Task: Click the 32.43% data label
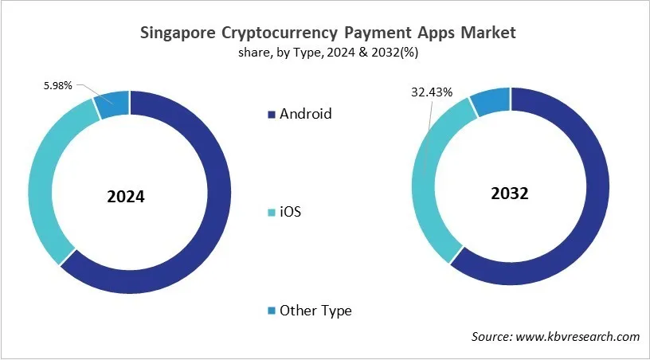(432, 92)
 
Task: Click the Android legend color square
(270, 114)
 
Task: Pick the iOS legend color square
(270, 213)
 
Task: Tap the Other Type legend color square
(270, 311)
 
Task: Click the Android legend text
(305, 114)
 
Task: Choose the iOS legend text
(290, 213)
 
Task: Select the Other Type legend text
(315, 311)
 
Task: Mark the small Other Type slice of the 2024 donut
(112, 104)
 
